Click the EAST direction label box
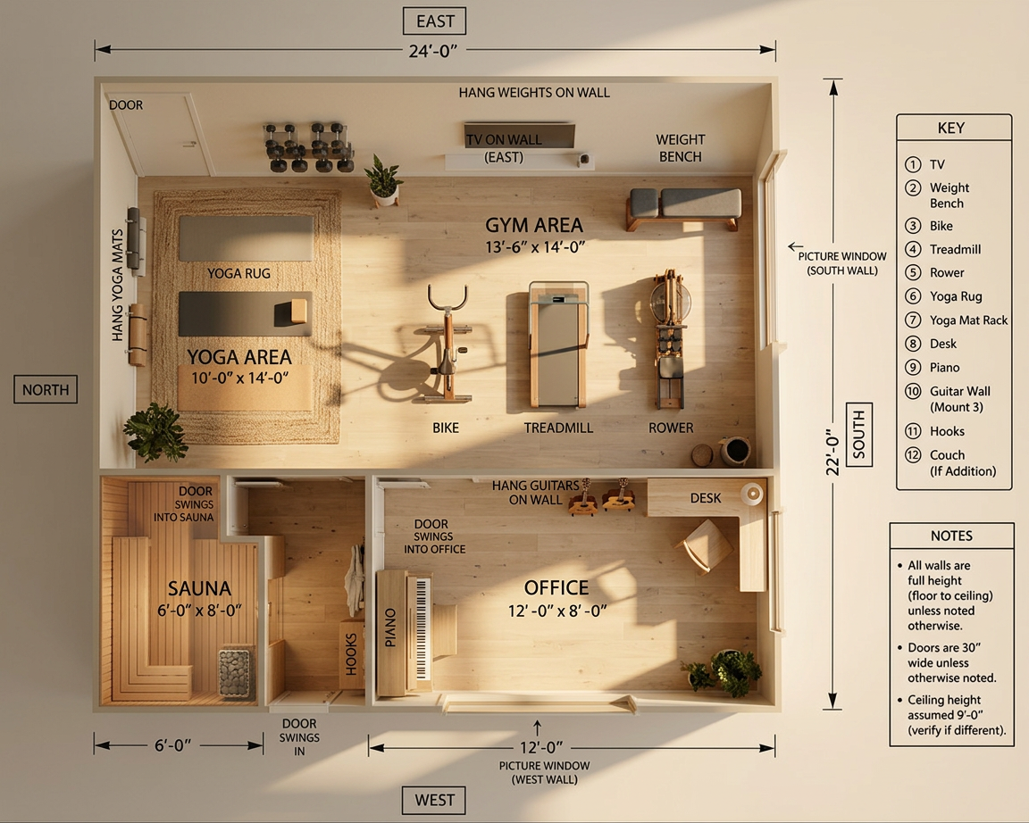[434, 21]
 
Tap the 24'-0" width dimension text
[432, 51]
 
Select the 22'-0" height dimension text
[832, 452]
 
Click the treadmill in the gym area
[557, 345]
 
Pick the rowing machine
[669, 339]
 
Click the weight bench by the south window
[684, 208]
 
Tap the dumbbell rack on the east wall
[307, 147]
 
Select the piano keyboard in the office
[422, 629]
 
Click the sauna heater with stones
[235, 672]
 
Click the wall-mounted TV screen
[520, 137]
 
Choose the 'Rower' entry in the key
[946, 273]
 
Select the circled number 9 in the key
[913, 367]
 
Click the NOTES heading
[951, 536]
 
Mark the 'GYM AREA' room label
[533, 226]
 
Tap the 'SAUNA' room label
[199, 588]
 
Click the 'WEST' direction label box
[434, 800]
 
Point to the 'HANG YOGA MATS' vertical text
[118, 286]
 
